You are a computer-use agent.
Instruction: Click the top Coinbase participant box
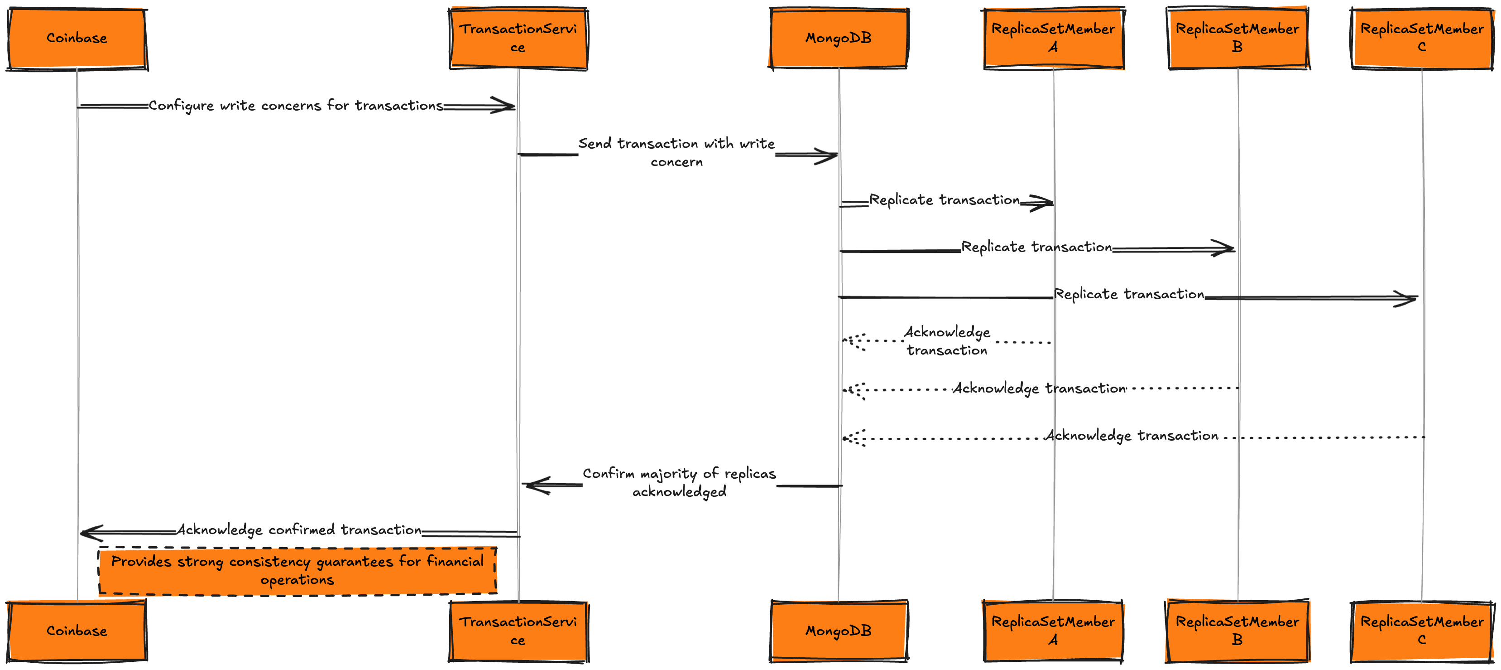pyautogui.click(x=77, y=39)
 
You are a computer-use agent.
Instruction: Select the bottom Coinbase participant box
pyautogui.click(x=77, y=631)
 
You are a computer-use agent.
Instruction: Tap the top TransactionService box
pyautogui.click(x=518, y=39)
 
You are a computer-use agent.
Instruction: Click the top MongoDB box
pyautogui.click(x=839, y=39)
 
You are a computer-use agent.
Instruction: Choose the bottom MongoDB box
pyautogui.click(x=839, y=631)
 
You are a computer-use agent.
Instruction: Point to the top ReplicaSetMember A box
pyautogui.click(x=1053, y=39)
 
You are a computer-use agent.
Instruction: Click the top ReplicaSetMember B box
pyautogui.click(x=1237, y=39)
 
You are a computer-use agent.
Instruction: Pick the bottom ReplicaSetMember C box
pyautogui.click(x=1422, y=631)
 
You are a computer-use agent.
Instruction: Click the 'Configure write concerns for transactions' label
pyautogui.click(x=295, y=106)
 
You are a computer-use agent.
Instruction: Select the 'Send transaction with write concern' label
pyautogui.click(x=676, y=152)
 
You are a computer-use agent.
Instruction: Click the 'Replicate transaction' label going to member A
pyautogui.click(x=945, y=200)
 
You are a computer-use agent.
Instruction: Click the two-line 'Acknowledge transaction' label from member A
pyautogui.click(x=947, y=341)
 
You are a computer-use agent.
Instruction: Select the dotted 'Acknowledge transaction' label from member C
pyautogui.click(x=1131, y=436)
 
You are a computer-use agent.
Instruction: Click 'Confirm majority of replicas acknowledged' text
pyautogui.click(x=680, y=482)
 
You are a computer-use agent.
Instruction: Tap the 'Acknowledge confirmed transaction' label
pyautogui.click(x=299, y=529)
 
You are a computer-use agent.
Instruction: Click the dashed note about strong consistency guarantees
pyautogui.click(x=297, y=571)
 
